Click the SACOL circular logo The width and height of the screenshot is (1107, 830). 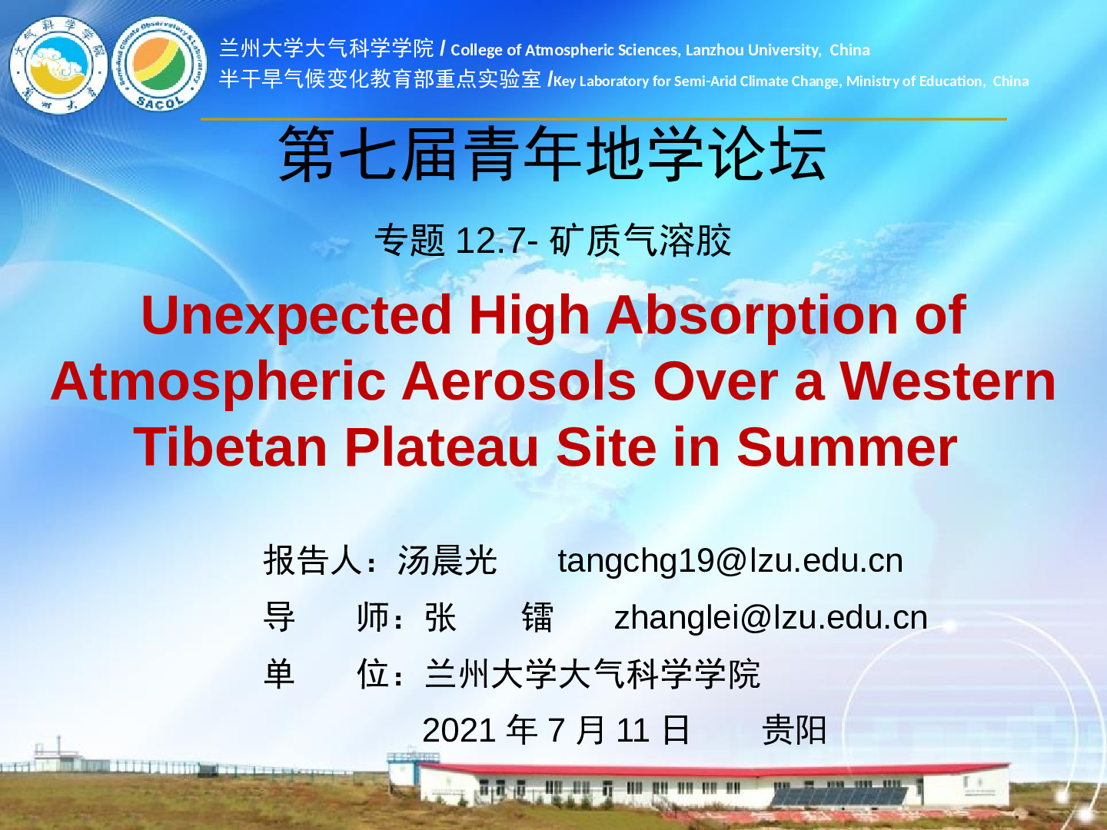159,64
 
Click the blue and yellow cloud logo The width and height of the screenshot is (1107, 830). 58,65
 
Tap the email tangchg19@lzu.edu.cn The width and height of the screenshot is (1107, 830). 730,561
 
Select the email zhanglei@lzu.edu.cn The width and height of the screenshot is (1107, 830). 771,617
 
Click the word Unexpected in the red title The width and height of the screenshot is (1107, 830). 296,315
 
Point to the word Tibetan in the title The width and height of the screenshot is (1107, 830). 231,447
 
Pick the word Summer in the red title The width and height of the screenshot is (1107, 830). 846,447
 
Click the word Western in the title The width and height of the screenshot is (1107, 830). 948,381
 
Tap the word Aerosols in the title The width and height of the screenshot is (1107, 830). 519,381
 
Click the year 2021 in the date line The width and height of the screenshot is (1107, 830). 459,730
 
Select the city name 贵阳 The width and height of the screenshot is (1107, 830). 794,730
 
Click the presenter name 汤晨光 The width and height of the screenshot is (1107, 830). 447,560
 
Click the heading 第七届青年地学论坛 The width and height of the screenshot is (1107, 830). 553,154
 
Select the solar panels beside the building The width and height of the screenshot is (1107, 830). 839,796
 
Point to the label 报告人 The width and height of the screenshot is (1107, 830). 313,560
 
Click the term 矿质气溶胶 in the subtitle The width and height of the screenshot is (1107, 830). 640,241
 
